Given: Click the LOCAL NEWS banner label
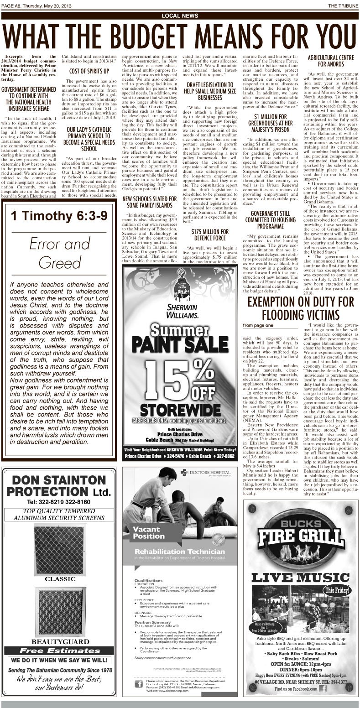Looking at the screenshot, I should point(180,16).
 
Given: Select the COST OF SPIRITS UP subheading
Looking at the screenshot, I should point(89,71).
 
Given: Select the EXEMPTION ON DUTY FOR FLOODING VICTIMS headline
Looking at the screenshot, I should point(300,308).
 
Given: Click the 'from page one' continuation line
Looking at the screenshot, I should point(258,325).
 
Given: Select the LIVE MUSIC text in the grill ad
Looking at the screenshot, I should point(300,577).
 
